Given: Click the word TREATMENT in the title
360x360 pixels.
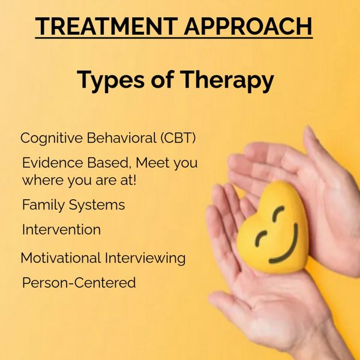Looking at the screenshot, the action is click(x=106, y=26).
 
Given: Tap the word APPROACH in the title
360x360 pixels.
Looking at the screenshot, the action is click(x=248, y=26).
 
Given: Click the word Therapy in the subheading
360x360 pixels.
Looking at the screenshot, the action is click(x=227, y=81).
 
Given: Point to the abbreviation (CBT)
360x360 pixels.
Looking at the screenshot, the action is click(x=178, y=138).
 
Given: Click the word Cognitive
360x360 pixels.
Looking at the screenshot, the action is click(x=52, y=139).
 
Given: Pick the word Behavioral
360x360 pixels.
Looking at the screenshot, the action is click(x=122, y=138).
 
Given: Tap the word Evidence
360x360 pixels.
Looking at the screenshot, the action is click(x=53, y=163).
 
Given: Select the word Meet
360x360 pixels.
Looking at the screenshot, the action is click(x=152, y=163).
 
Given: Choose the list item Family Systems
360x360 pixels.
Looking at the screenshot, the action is click(x=73, y=205).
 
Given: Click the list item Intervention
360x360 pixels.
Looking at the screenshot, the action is click(x=61, y=229).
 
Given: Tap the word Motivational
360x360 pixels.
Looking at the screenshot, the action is click(x=61, y=258).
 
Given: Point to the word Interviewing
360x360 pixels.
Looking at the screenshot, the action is click(x=145, y=259).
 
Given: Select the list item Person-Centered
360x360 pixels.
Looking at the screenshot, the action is click(x=79, y=283).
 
